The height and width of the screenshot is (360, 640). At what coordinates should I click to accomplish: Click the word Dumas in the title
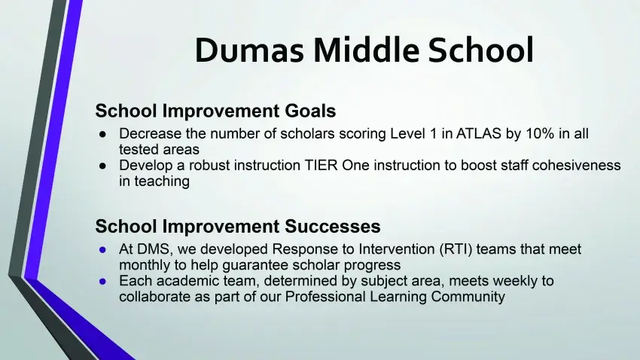point(249,50)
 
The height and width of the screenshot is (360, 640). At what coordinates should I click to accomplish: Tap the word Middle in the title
point(366,50)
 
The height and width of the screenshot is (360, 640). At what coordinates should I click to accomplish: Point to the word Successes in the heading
point(332,226)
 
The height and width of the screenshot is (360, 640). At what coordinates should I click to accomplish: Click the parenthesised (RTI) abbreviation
point(456,249)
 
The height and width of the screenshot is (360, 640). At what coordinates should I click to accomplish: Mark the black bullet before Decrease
point(102,134)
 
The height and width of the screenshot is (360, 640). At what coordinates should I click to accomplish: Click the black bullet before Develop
point(102,166)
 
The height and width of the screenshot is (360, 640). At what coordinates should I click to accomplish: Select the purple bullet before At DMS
point(102,249)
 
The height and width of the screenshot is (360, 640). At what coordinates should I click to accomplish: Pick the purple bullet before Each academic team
point(102,281)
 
